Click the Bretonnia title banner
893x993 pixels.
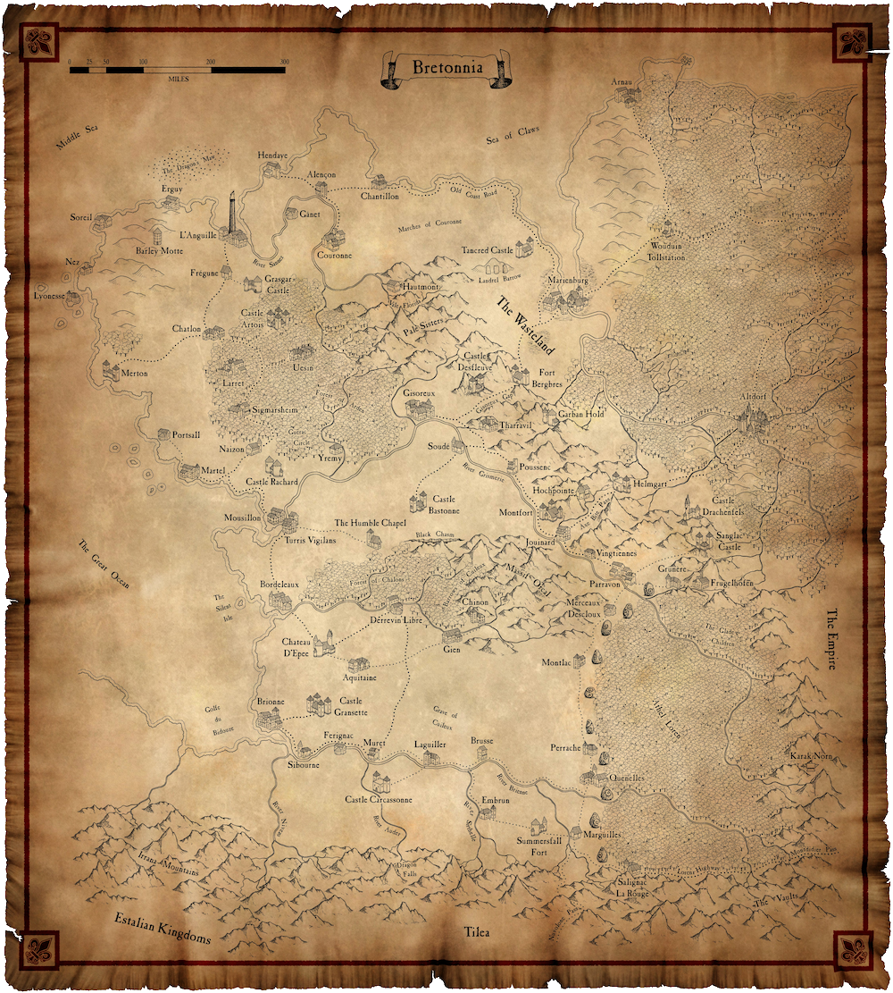[446, 68]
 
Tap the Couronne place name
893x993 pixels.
[335, 255]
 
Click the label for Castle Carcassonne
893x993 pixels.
[379, 800]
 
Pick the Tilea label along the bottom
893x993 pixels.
[479, 933]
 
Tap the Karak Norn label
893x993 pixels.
[810, 756]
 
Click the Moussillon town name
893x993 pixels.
[242, 518]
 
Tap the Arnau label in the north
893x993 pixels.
[621, 82]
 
